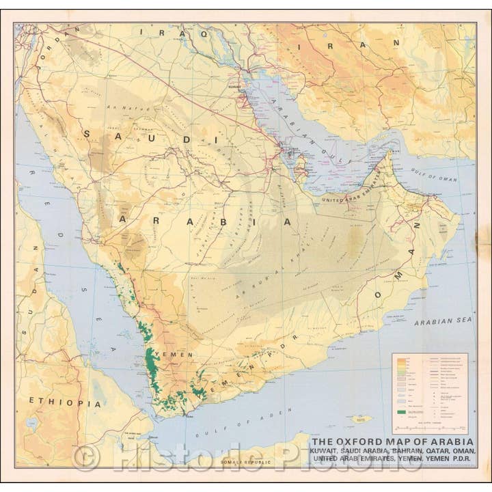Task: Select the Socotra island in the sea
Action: (x=361, y=418)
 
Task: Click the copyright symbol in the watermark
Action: (x=87, y=457)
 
